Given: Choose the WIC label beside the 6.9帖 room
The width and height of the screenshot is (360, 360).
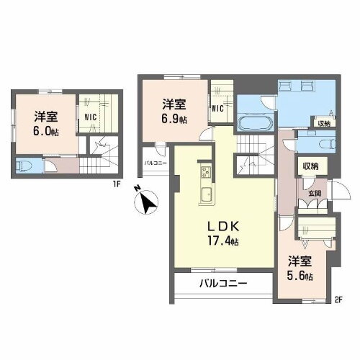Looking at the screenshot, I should click(x=218, y=109).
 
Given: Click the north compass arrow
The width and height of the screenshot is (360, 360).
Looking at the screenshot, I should click(x=148, y=203).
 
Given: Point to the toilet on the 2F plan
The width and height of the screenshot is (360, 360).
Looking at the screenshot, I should click(x=318, y=143).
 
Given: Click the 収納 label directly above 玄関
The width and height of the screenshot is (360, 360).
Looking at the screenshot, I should click(x=310, y=166).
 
